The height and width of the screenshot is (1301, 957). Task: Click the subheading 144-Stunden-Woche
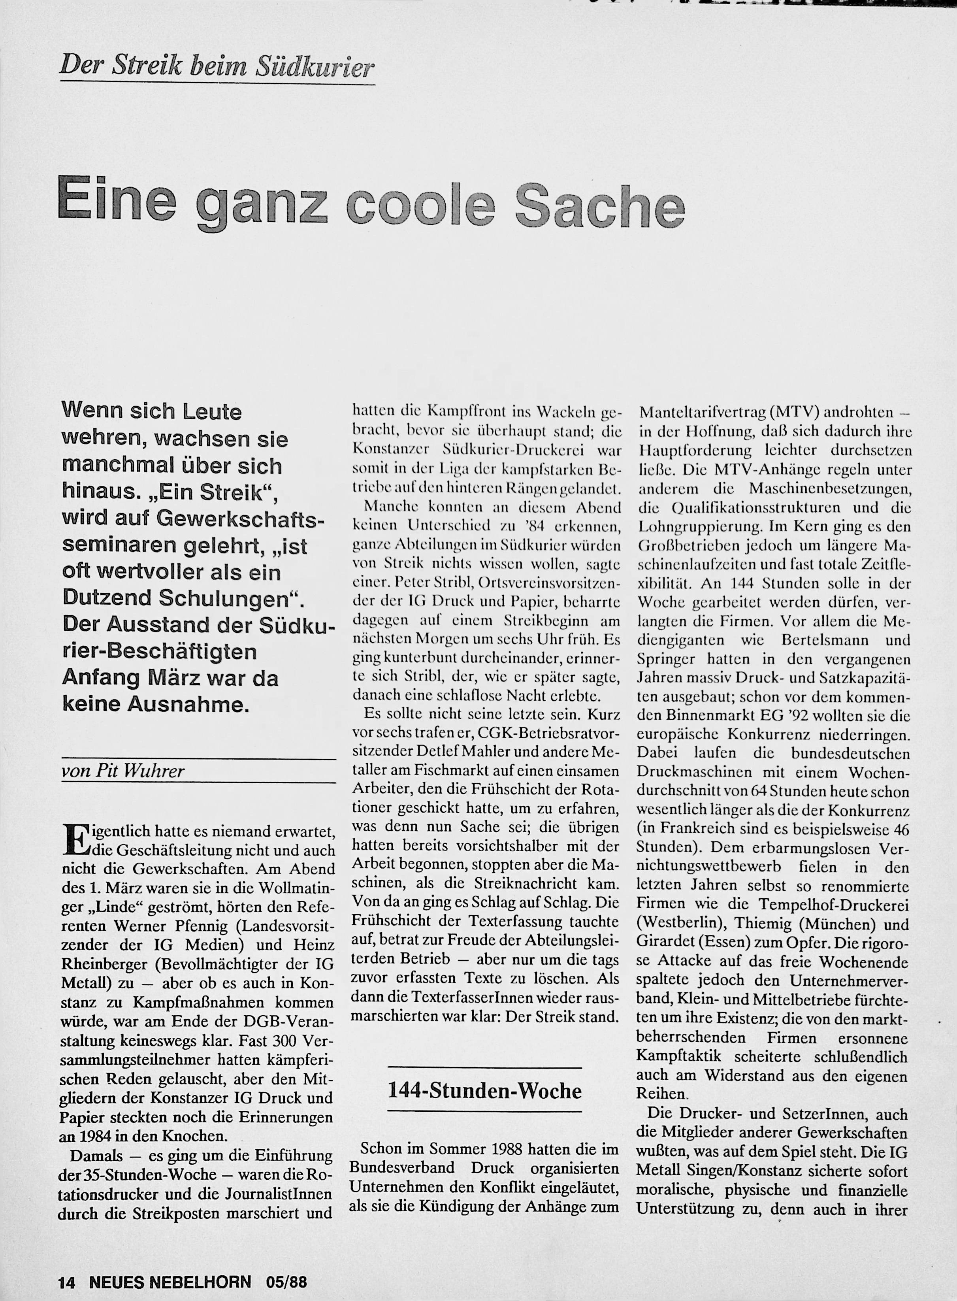pos(484,1091)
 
